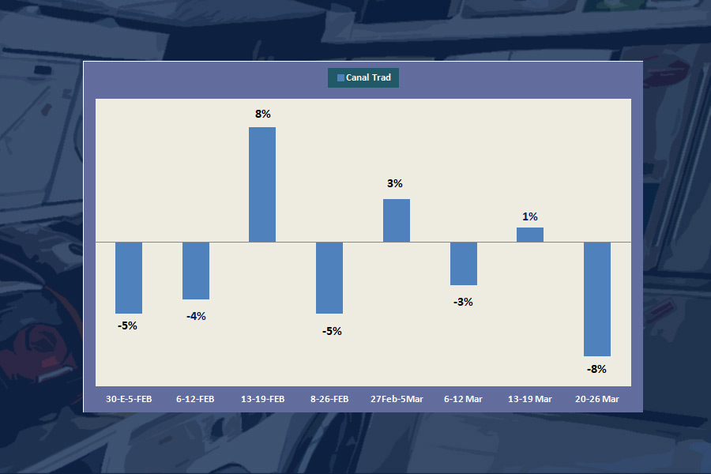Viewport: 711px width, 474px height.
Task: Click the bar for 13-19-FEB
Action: click(262, 184)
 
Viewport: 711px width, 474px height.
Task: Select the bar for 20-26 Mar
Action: click(597, 299)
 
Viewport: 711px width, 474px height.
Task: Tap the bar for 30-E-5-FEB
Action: click(129, 277)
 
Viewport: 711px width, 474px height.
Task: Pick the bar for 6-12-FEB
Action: click(196, 270)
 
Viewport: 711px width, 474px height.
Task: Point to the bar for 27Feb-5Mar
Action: click(397, 220)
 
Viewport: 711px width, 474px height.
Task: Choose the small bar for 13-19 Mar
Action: click(530, 235)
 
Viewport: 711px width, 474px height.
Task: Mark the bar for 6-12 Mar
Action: click(464, 263)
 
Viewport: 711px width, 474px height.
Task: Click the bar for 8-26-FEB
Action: click(329, 277)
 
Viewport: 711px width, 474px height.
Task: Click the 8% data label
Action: click(262, 114)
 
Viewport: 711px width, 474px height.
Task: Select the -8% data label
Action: click(596, 369)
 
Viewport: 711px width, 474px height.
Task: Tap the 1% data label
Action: click(530, 216)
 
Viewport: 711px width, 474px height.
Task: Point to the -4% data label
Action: click(196, 316)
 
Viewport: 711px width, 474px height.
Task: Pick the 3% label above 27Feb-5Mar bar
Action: click(395, 183)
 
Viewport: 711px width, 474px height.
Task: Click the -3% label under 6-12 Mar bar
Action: click(463, 302)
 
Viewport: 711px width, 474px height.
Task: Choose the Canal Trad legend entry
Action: click(363, 77)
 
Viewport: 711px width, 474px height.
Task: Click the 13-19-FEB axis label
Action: click(262, 399)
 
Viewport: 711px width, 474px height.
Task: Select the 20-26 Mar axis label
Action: click(597, 399)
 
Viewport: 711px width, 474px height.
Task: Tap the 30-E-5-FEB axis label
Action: click(129, 399)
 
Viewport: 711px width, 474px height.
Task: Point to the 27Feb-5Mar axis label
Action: click(397, 399)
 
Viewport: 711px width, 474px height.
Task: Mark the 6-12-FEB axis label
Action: click(195, 399)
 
